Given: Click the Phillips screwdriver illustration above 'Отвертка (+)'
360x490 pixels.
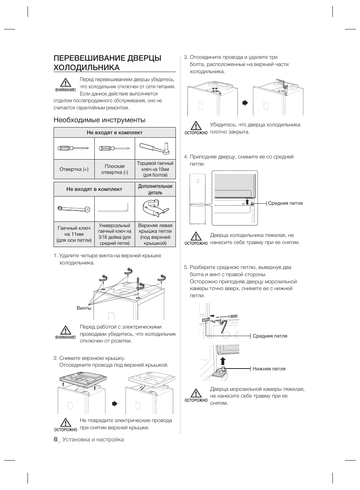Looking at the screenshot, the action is pyautogui.click(x=73, y=148).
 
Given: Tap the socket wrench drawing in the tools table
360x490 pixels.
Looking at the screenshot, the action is pyautogui.click(x=155, y=148).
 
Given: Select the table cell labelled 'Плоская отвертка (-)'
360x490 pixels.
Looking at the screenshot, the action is pyautogui.click(x=115, y=169).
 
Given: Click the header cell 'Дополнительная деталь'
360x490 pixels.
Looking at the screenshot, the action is pyautogui.click(x=155, y=189).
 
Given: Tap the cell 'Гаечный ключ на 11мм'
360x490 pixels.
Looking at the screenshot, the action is pyautogui.click(x=74, y=234).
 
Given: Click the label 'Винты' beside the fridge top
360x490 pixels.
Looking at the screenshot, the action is pyautogui.click(x=84, y=308).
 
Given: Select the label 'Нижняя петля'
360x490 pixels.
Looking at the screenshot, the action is pyautogui.click(x=269, y=369).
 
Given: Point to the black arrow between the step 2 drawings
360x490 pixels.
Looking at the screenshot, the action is pyautogui.click(x=115, y=404).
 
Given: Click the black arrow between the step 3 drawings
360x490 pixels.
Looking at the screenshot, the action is pyautogui.click(x=245, y=103).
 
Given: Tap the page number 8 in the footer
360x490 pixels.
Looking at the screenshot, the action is pyautogui.click(x=55, y=439).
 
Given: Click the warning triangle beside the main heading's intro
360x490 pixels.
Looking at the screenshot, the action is pyautogui.click(x=65, y=83).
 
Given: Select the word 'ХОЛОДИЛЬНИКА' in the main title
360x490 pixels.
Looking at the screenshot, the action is pyautogui.click(x=87, y=67).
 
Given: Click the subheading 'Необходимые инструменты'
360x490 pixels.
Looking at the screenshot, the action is pyautogui.click(x=100, y=120).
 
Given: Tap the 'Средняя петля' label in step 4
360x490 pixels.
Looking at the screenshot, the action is pyautogui.click(x=285, y=203).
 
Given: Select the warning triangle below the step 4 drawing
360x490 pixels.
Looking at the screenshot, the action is pyautogui.click(x=196, y=236).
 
